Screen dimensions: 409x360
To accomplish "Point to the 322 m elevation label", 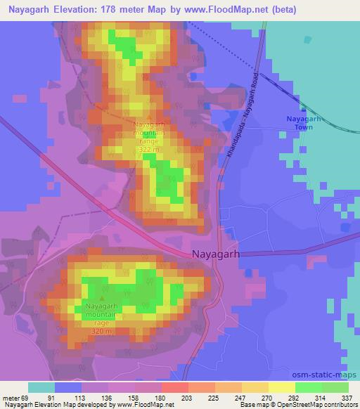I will [148, 150].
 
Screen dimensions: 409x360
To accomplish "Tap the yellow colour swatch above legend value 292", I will [282, 387].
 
